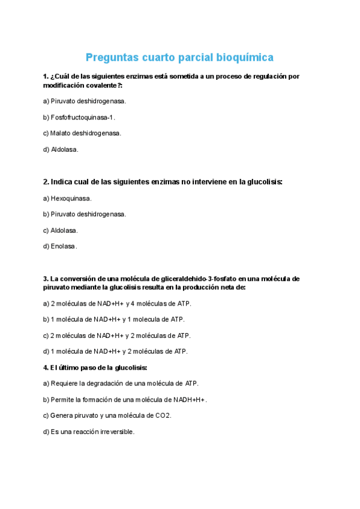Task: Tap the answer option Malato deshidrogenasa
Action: (82, 133)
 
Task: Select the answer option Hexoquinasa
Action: (67, 197)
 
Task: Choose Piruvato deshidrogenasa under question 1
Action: (85, 101)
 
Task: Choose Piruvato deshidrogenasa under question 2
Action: (85, 214)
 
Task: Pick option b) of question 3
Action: (113, 319)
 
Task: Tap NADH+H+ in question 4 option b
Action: (187, 399)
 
